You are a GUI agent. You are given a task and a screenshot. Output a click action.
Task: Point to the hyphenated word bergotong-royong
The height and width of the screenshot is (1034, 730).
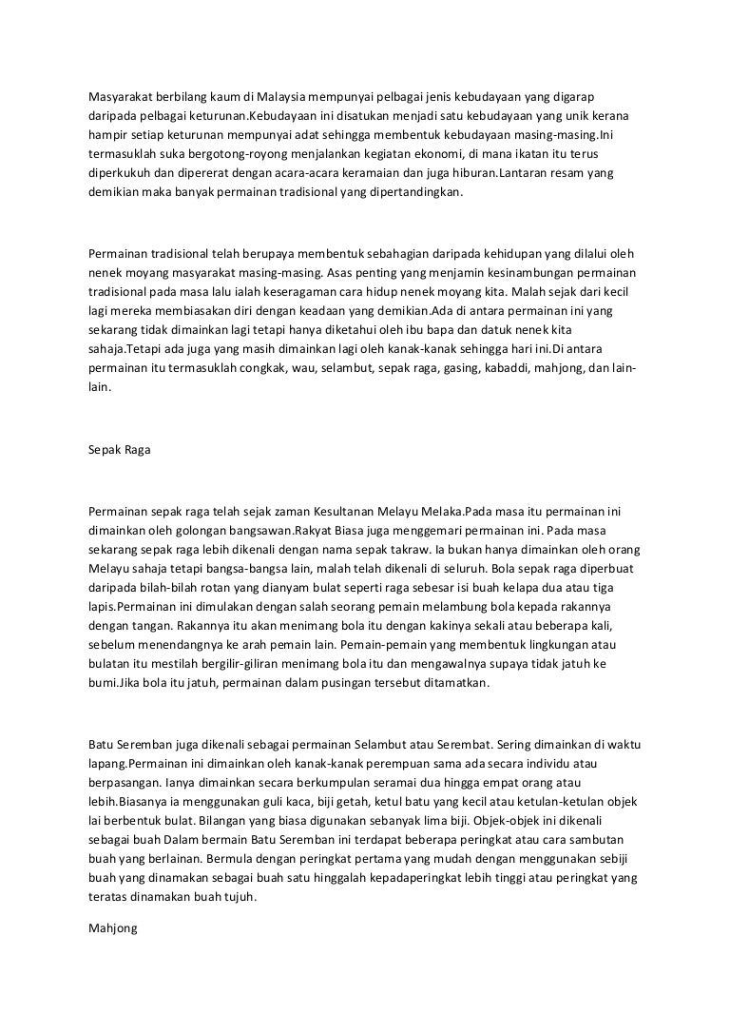coord(221,153)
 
